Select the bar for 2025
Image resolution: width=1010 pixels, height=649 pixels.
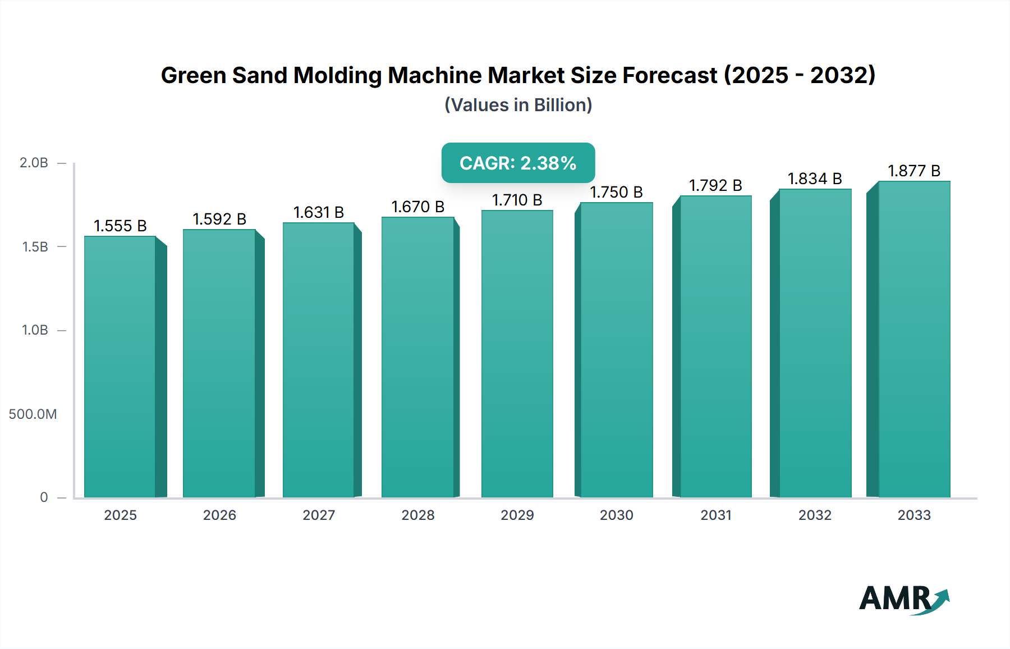click(x=120, y=367)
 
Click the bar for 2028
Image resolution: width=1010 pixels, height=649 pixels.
click(x=417, y=357)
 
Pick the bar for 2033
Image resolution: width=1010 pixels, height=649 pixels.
click(x=913, y=339)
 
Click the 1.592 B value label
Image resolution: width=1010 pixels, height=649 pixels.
click(x=219, y=219)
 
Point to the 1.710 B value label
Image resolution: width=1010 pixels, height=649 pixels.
click(x=517, y=200)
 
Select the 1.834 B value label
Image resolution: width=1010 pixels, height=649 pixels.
click(x=815, y=179)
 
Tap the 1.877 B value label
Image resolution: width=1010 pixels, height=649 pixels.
click(x=913, y=171)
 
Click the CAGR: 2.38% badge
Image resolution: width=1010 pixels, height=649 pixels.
click(x=518, y=163)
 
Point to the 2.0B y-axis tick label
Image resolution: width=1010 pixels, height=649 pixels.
click(x=34, y=163)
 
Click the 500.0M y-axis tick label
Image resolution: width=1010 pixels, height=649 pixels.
click(x=33, y=414)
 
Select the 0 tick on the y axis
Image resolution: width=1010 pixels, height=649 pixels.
click(x=44, y=497)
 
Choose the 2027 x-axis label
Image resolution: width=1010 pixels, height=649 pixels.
click(x=319, y=515)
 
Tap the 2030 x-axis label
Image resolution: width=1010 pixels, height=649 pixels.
click(x=616, y=515)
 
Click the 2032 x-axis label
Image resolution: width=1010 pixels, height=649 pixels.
click(x=815, y=515)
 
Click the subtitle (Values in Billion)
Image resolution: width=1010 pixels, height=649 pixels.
click(x=518, y=105)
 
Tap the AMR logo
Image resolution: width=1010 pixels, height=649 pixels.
click(x=903, y=599)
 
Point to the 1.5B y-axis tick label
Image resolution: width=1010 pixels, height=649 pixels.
click(x=35, y=247)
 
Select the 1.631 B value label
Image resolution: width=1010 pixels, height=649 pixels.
click(x=318, y=212)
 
